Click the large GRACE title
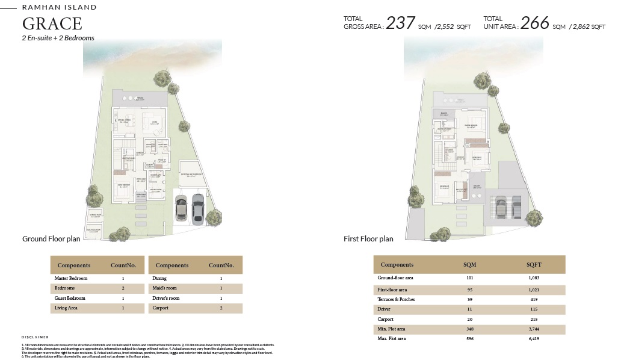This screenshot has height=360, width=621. pyautogui.click(x=52, y=24)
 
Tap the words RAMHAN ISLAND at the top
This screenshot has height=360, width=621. pyautogui.click(x=59, y=8)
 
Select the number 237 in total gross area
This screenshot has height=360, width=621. pyautogui.click(x=400, y=23)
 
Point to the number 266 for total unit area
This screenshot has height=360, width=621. pyautogui.click(x=535, y=23)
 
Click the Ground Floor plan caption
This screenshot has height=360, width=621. pyautogui.click(x=51, y=239)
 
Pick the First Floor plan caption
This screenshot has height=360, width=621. pyautogui.click(x=368, y=239)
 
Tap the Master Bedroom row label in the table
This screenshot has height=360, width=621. pyautogui.click(x=71, y=279)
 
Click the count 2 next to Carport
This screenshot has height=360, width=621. pyautogui.click(x=221, y=308)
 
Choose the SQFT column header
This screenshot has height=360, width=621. pyautogui.click(x=534, y=265)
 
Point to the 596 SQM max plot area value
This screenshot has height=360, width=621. pyautogui.click(x=470, y=339)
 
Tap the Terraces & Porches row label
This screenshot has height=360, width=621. pyautogui.click(x=396, y=299)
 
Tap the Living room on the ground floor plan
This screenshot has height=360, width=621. pyautogui.click(x=154, y=123)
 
